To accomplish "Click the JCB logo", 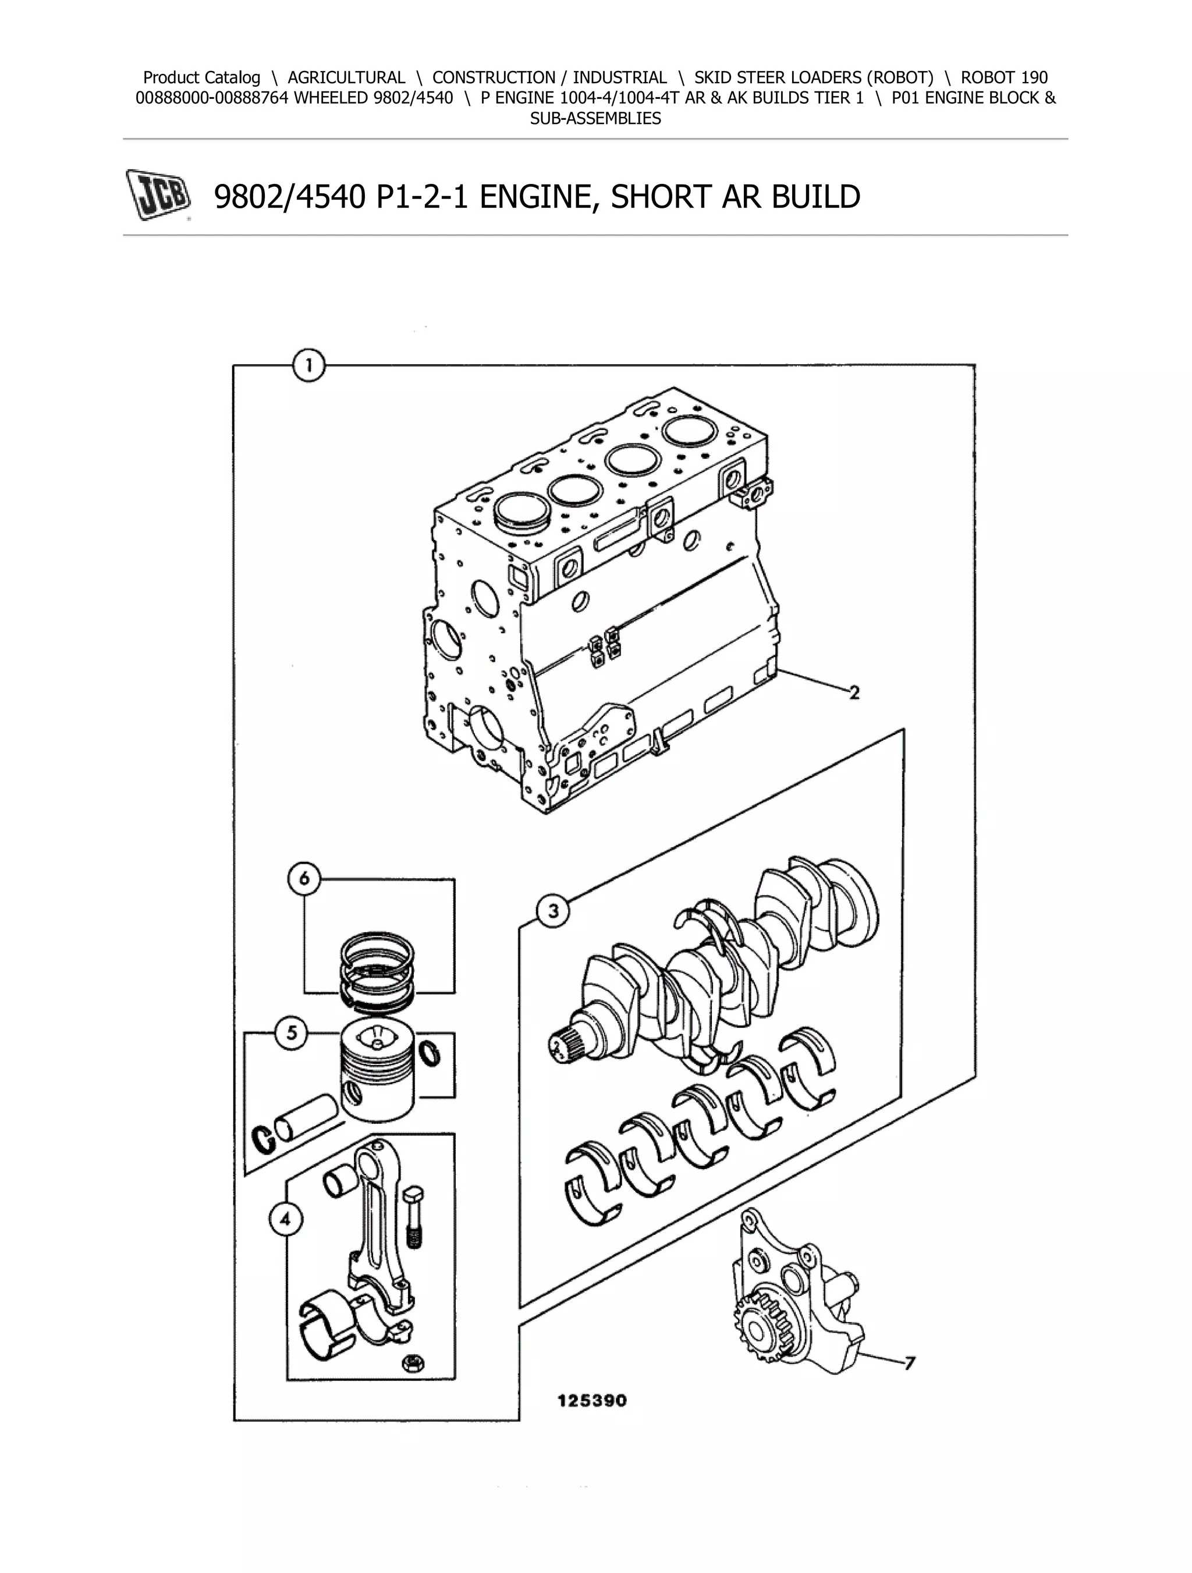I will pyautogui.click(x=158, y=195).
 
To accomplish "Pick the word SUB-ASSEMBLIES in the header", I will pyautogui.click(x=595, y=119).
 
